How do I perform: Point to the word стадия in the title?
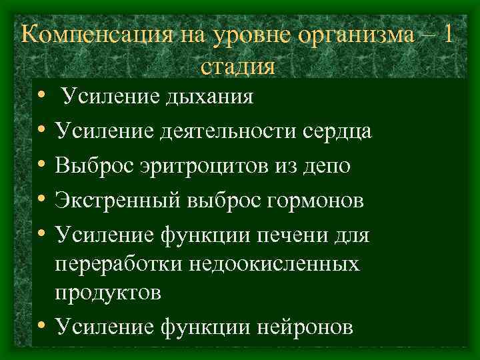pos(237,67)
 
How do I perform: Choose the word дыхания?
pos(207,97)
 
